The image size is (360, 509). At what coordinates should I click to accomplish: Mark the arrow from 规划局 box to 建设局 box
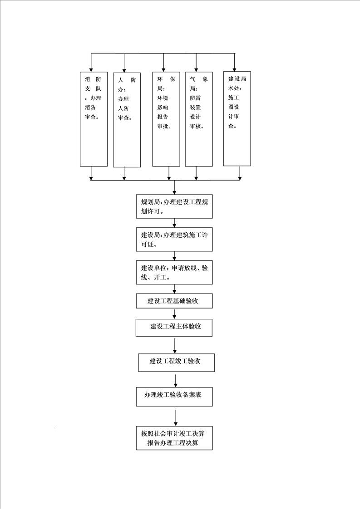pyautogui.click(x=174, y=223)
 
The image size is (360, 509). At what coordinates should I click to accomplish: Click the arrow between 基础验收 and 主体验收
pyautogui.click(x=174, y=313)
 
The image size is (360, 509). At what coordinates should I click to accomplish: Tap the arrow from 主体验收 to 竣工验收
pyautogui.click(x=175, y=346)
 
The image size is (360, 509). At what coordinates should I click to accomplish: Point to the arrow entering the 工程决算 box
pyautogui.click(x=176, y=417)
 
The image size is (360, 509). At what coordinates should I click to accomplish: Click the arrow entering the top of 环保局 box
pyautogui.click(x=163, y=63)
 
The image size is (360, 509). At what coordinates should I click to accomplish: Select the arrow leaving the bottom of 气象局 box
pyautogui.click(x=196, y=173)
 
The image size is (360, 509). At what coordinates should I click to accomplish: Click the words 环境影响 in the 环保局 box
pyautogui.click(x=163, y=103)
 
